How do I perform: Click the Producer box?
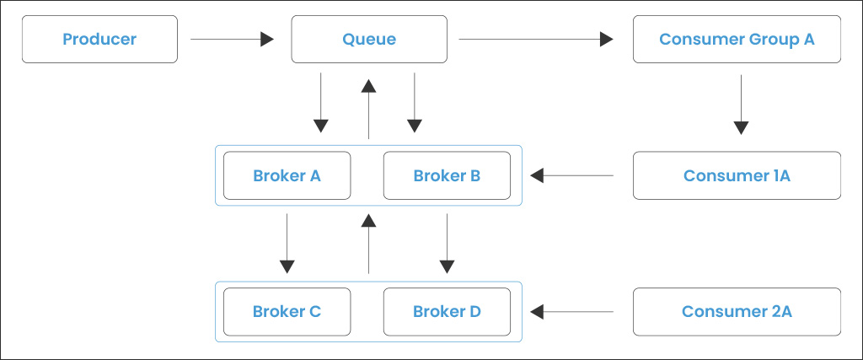[x=99, y=39]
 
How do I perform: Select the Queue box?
[x=369, y=39]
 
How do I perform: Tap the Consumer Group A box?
[x=737, y=39]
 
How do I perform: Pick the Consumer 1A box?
[x=737, y=175]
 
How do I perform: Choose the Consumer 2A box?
[x=737, y=311]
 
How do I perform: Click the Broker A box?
[x=287, y=175]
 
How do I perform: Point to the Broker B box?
[x=447, y=175]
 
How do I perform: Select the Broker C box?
[x=287, y=311]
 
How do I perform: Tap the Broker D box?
[x=447, y=311]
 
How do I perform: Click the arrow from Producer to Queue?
[x=233, y=39]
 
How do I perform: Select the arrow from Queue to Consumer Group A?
[x=535, y=39]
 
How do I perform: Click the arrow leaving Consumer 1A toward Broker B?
[x=572, y=175]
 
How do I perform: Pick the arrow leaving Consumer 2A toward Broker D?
[x=572, y=312]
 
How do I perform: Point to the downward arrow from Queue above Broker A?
[x=321, y=103]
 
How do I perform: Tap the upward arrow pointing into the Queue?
[x=368, y=108]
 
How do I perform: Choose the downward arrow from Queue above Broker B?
[x=414, y=103]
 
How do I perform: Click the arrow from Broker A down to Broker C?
[x=287, y=243]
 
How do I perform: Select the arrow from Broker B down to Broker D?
[x=447, y=243]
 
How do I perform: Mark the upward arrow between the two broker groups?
[x=368, y=244]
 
